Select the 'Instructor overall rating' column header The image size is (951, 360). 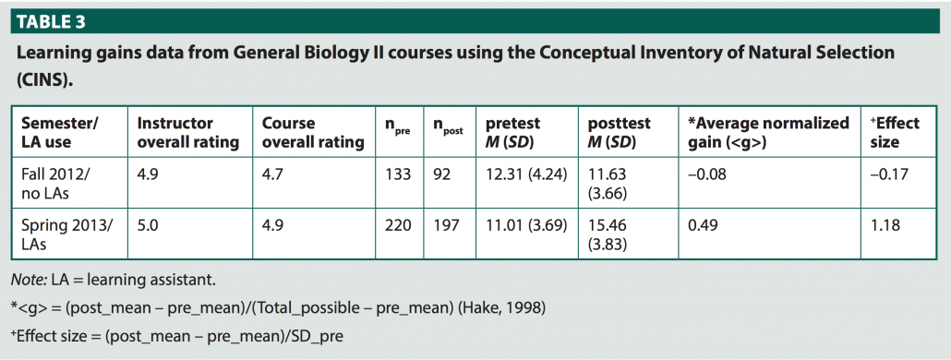[x=187, y=133]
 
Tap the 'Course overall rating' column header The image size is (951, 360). [x=313, y=133]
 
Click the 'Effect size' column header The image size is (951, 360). [x=895, y=133]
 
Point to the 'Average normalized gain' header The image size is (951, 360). [x=768, y=133]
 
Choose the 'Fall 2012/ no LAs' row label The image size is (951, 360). [x=56, y=184]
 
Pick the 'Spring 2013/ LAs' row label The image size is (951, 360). [x=64, y=234]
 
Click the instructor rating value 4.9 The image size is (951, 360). [x=148, y=174]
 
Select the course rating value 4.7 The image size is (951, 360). [x=273, y=174]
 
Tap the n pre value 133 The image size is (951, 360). [x=398, y=174]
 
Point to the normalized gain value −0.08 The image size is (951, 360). [x=707, y=174]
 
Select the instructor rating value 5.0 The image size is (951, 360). [x=148, y=225]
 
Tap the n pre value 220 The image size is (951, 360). [x=399, y=225]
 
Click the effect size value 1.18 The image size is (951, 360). [x=885, y=225]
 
